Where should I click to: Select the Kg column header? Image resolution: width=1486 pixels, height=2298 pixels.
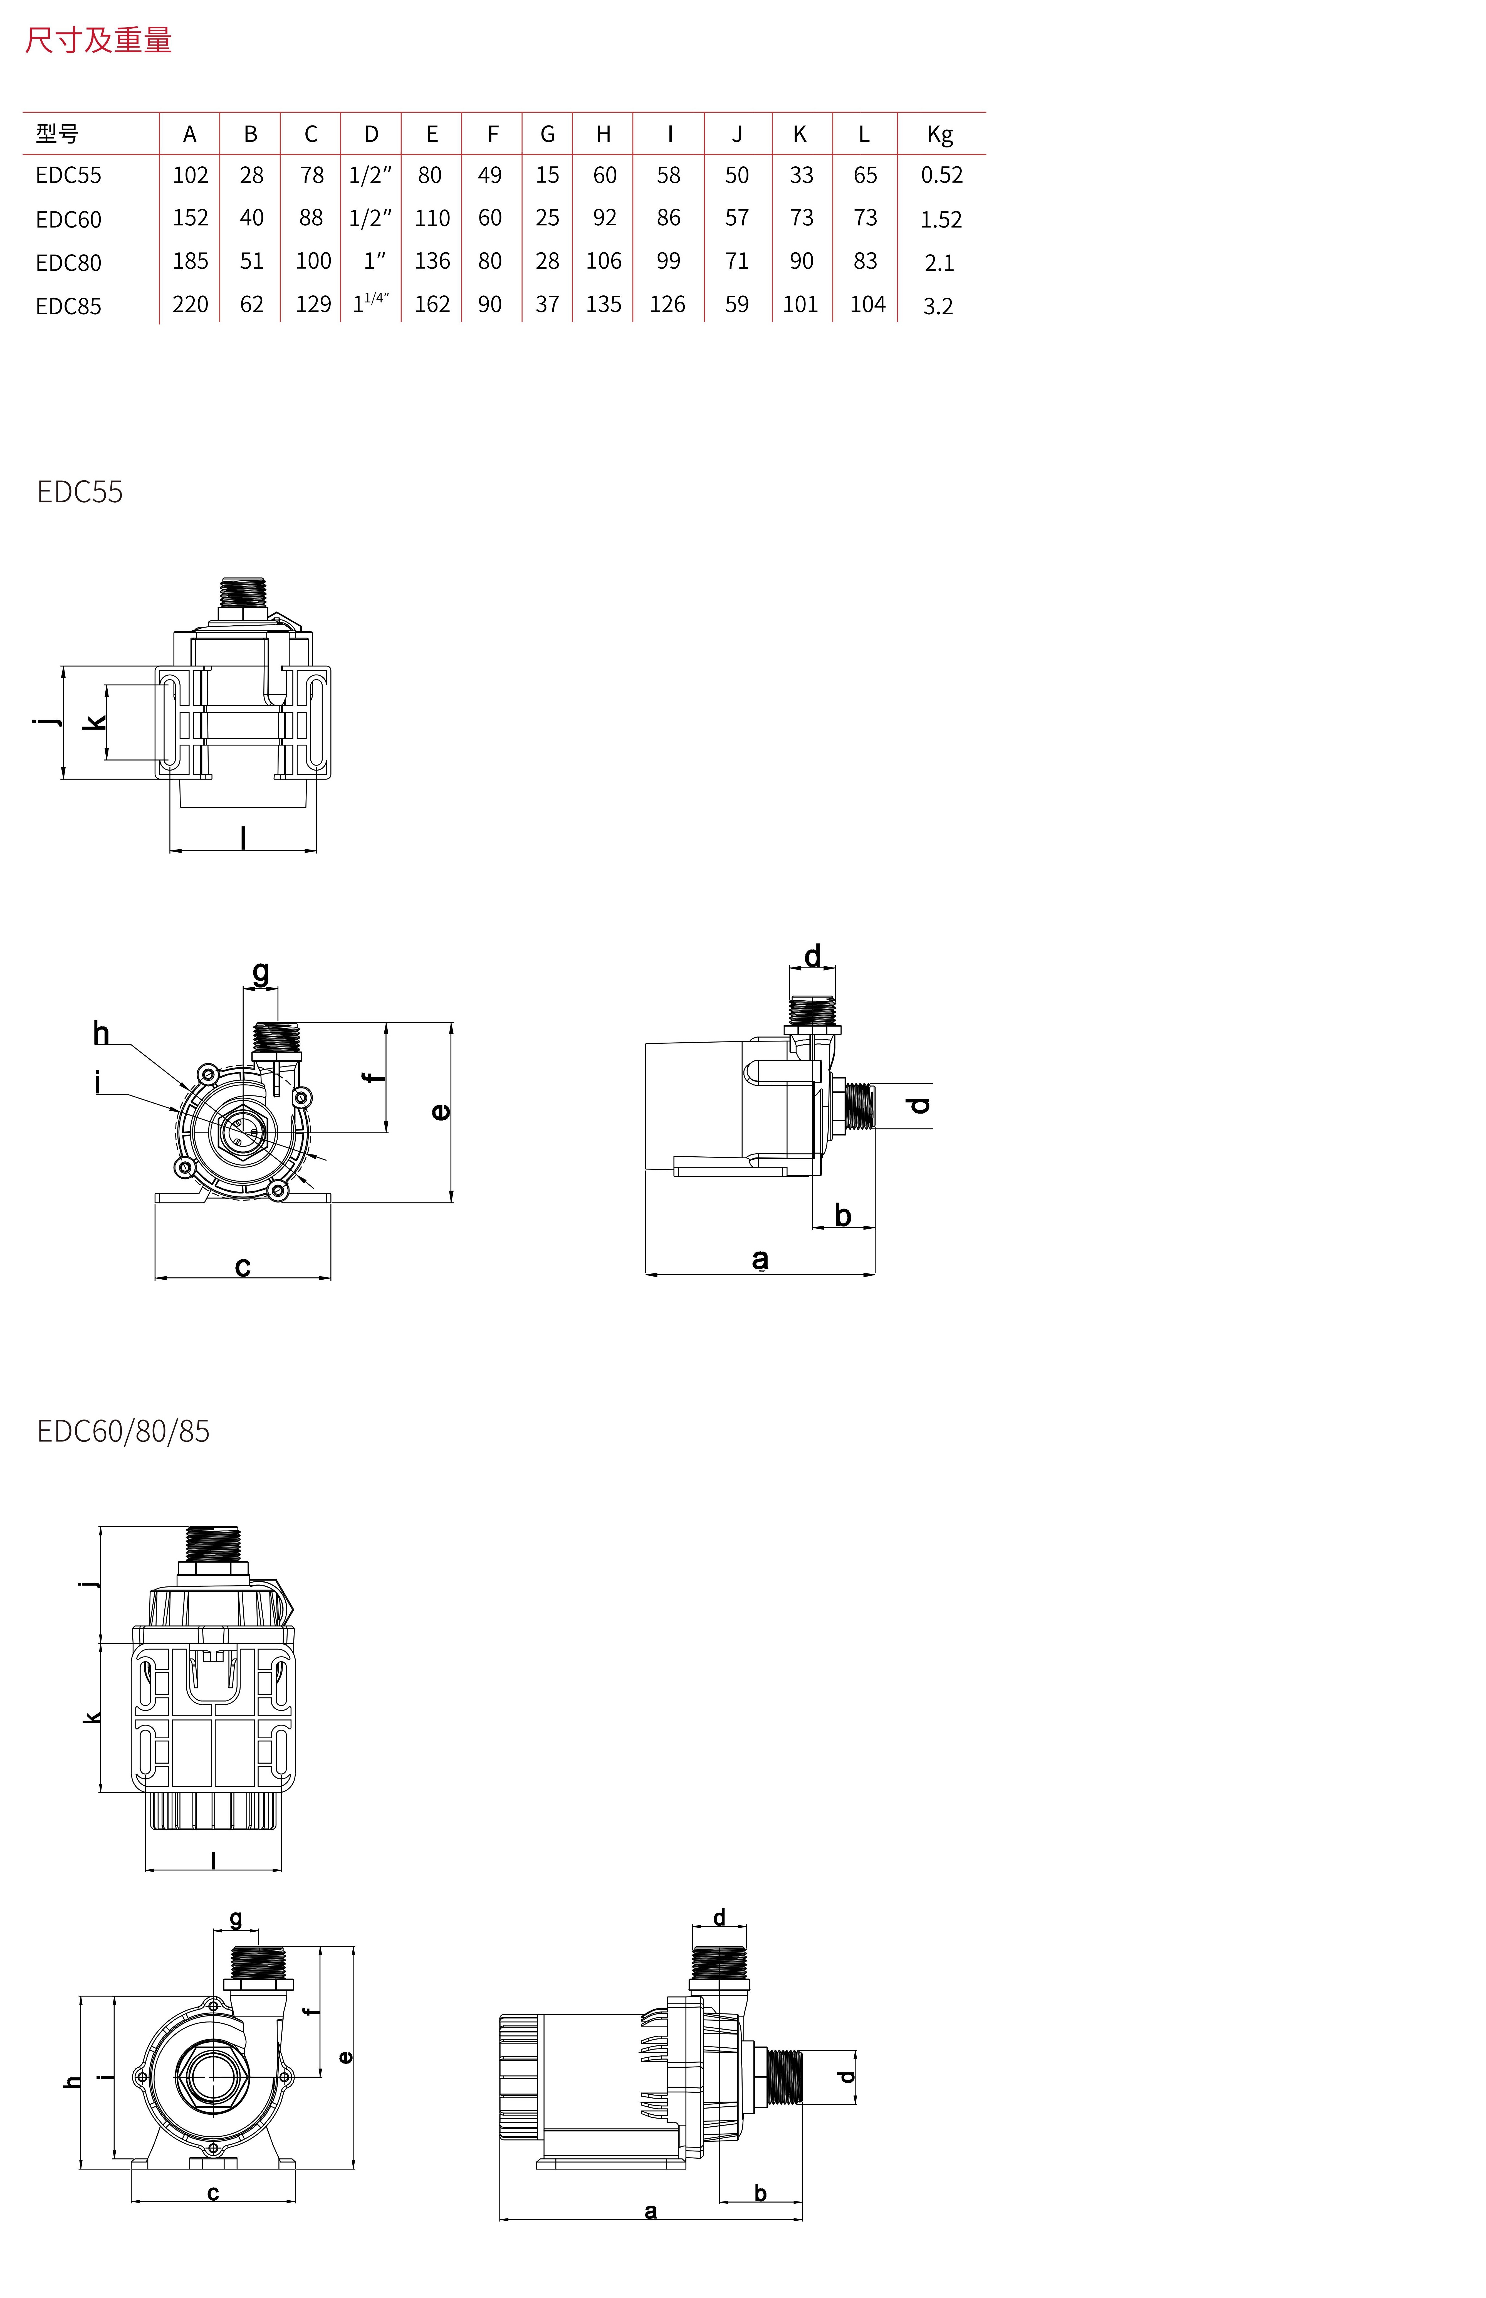[x=940, y=134]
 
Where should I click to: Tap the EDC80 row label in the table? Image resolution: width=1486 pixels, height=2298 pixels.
[x=68, y=263]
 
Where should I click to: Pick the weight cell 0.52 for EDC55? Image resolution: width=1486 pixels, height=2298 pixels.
[x=942, y=175]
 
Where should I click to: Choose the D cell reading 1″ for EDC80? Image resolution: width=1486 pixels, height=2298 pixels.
[x=374, y=261]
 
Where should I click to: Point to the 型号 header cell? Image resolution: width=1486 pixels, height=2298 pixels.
[x=57, y=134]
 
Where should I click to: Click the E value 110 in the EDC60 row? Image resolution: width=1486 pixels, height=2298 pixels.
[x=432, y=218]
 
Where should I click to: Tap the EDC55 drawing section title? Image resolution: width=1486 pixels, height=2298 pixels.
[x=80, y=492]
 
